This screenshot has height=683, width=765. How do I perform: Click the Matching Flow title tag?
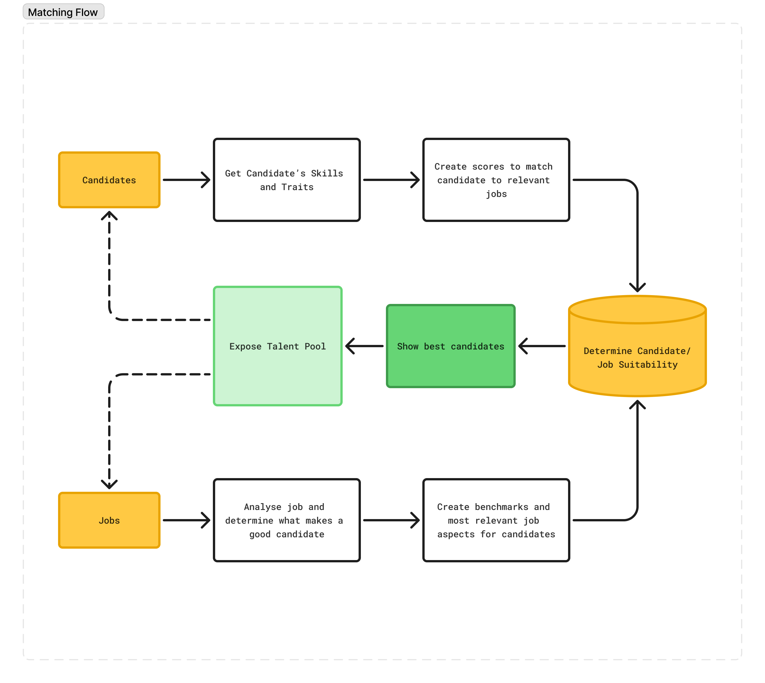[x=63, y=12]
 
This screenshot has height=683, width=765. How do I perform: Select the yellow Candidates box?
[x=109, y=180]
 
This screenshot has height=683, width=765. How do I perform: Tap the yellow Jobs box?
[x=109, y=520]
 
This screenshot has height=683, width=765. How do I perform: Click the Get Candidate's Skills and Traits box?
[x=287, y=180]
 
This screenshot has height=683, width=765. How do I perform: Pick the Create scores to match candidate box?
[x=496, y=180]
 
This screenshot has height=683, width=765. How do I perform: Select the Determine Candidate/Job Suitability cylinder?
[x=637, y=346]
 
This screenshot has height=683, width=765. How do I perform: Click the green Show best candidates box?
[x=451, y=346]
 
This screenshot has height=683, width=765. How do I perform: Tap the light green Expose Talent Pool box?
[x=278, y=346]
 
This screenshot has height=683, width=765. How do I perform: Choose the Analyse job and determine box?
[x=287, y=520]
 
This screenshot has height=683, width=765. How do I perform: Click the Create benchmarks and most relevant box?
[x=496, y=520]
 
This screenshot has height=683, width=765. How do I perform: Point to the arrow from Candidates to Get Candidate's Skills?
[x=187, y=180]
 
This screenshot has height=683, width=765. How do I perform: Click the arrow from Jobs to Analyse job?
[x=187, y=520]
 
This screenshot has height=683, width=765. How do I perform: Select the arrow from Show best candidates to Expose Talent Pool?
[x=364, y=346]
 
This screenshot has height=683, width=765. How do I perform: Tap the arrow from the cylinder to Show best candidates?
[x=542, y=346]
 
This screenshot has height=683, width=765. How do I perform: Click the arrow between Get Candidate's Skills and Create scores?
[x=391, y=180]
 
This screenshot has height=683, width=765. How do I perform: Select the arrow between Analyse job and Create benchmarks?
[x=391, y=520]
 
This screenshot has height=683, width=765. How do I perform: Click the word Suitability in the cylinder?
[x=648, y=364]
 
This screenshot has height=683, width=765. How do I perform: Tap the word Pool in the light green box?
[x=315, y=346]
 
